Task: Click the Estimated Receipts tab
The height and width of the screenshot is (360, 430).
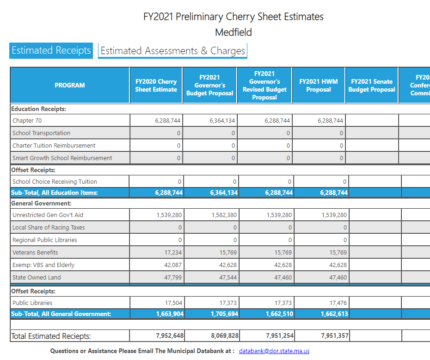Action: pyautogui.click(x=51, y=50)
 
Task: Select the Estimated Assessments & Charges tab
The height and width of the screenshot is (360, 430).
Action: pyautogui.click(x=173, y=51)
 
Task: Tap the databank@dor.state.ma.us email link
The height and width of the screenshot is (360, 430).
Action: pyautogui.click(x=274, y=351)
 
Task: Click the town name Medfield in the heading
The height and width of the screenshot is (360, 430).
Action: pyautogui.click(x=233, y=32)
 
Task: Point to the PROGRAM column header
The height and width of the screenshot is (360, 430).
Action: pyautogui.click(x=70, y=85)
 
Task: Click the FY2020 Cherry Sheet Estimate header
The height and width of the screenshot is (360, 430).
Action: pyautogui.click(x=156, y=85)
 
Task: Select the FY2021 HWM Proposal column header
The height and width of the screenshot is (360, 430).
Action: pyautogui.click(x=319, y=85)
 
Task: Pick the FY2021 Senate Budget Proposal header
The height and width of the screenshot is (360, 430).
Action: pyautogui.click(x=372, y=85)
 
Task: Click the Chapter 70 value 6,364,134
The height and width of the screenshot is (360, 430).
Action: pyautogui.click(x=222, y=120)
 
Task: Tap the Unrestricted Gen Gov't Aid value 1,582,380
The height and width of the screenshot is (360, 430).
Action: pyautogui.click(x=223, y=215)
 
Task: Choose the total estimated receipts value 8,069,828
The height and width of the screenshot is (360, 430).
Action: pyautogui.click(x=225, y=335)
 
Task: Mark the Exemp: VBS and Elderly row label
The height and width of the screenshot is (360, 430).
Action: pyautogui.click(x=43, y=265)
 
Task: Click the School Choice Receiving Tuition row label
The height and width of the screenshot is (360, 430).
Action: pyautogui.click(x=55, y=181)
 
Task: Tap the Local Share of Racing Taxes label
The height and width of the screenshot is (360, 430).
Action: pyautogui.click(x=49, y=227)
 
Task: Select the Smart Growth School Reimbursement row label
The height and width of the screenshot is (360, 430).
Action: pyautogui.click(x=62, y=158)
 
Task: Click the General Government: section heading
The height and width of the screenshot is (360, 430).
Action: pyautogui.click(x=41, y=203)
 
